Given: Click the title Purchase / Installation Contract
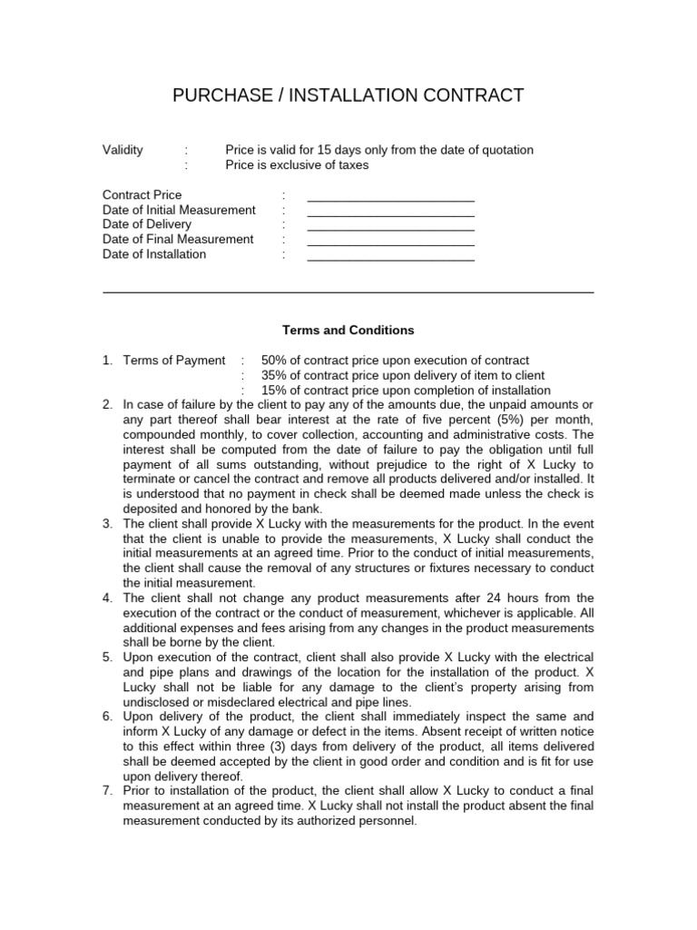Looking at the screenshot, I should pos(348,95).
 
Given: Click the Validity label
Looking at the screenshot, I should pos(123,150).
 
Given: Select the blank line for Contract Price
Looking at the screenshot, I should pos(390,197).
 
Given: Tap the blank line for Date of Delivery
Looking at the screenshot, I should pos(390,227).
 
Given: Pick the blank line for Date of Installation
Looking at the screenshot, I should pos(390,257).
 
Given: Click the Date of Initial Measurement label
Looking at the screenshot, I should pos(179,210).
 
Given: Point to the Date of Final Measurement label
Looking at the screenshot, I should pos(178,240).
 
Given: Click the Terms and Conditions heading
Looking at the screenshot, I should pos(348,331).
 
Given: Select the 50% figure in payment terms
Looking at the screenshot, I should pos(273,361).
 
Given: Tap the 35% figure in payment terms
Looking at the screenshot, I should pos(273,376).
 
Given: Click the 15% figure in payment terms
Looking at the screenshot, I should pos(273,391).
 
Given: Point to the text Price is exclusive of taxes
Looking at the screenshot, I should pos(297,165).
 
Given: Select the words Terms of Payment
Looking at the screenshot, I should pos(174,361).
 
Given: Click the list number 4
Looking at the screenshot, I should pos(107,598).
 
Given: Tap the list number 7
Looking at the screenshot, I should pos(107,789).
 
